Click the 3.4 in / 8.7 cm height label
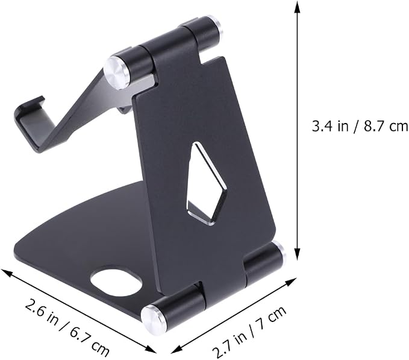tap(360, 127)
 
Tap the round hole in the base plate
tap(116, 281)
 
